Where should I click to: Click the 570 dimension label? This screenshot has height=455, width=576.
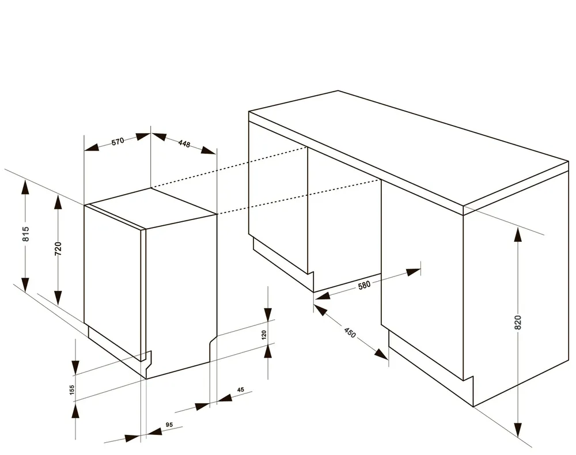(118, 141)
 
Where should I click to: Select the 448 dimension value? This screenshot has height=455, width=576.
(184, 143)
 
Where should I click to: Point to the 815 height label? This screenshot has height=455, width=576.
(25, 234)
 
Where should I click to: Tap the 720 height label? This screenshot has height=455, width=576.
(58, 249)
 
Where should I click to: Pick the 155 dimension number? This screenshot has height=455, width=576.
(72, 390)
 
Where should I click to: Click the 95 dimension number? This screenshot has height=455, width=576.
(169, 425)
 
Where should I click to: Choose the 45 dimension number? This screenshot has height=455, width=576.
(241, 390)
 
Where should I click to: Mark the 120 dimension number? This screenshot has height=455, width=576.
(264, 335)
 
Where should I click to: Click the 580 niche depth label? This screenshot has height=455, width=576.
(364, 285)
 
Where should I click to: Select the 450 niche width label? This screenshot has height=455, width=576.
(350, 333)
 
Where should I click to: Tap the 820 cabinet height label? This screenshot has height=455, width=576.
(518, 323)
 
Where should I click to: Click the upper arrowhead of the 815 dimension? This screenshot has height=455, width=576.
(25, 187)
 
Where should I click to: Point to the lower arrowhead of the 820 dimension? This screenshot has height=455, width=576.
(518, 430)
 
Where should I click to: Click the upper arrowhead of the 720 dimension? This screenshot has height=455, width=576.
(58, 202)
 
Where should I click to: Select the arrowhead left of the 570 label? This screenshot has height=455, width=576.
(92, 147)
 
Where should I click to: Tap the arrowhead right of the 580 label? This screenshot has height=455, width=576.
(414, 272)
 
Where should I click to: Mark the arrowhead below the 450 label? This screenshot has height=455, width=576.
(381, 354)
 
